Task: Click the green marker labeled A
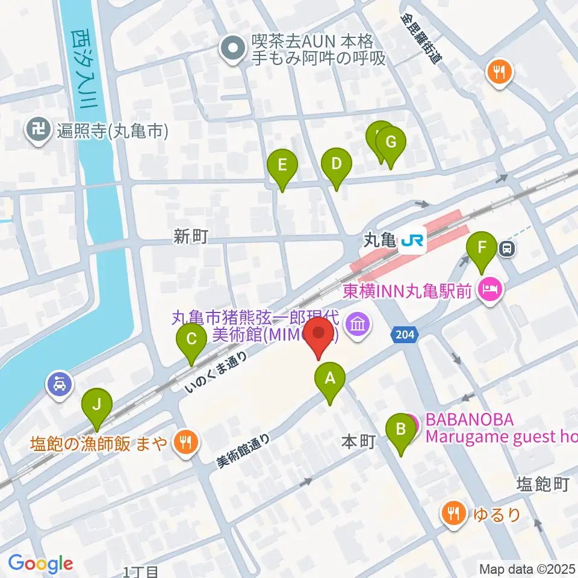tap(329, 379)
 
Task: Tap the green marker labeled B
tap(399, 430)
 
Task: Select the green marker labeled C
tap(191, 340)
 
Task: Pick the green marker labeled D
tap(336, 163)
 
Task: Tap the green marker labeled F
tap(481, 247)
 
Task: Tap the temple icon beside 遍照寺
tap(38, 130)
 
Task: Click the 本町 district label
tap(359, 442)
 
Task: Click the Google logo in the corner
tap(40, 564)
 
